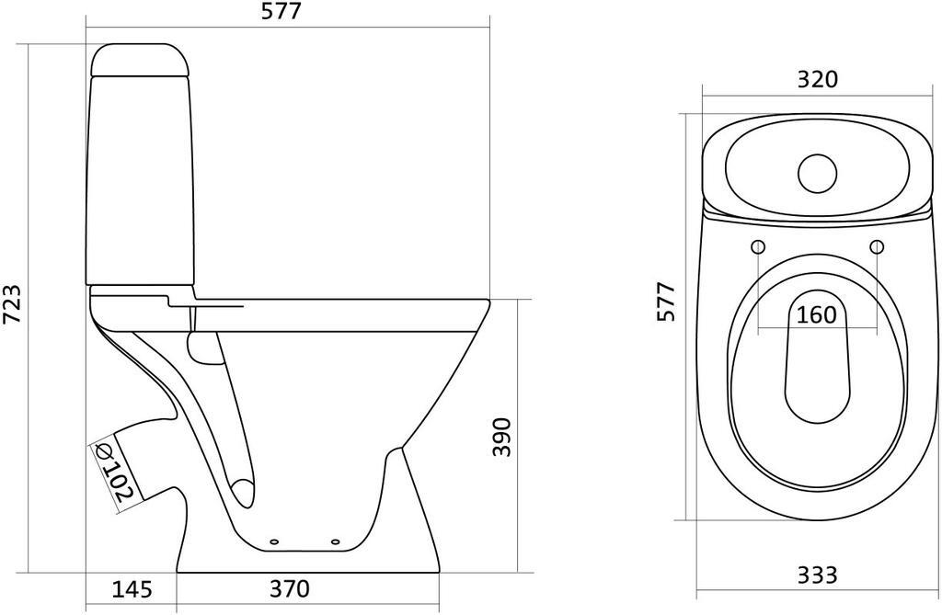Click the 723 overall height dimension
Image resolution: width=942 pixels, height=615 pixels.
pyautogui.click(x=12, y=303)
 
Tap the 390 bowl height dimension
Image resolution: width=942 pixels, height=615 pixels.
pyautogui.click(x=501, y=438)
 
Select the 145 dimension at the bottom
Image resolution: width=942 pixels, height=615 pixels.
pyautogui.click(x=133, y=588)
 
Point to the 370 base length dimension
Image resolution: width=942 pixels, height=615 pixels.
pyautogui.click(x=291, y=588)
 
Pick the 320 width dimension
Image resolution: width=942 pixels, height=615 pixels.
pyautogui.click(x=817, y=79)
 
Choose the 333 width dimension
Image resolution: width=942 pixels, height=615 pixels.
pyautogui.click(x=817, y=575)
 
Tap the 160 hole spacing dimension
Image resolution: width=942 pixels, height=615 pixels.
pyautogui.click(x=817, y=315)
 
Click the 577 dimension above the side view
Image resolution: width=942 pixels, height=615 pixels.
pyautogui.click(x=281, y=12)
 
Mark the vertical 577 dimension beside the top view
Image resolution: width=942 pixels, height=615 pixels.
pyautogui.click(x=667, y=302)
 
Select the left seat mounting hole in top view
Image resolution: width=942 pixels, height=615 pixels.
pyautogui.click(x=758, y=246)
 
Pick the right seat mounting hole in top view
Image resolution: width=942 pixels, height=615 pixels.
pyautogui.click(x=877, y=246)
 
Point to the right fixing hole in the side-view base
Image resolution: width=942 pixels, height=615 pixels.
pyautogui.click(x=334, y=541)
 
